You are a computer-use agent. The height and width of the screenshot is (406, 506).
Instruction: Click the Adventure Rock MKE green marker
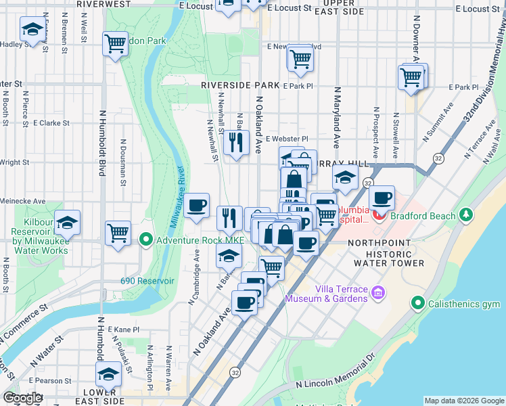click(146, 240)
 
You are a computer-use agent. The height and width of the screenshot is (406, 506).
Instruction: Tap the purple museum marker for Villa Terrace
click(378, 293)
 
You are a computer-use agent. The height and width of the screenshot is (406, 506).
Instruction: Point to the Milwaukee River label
click(175, 196)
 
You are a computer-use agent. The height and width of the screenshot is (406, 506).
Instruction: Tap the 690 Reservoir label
click(147, 280)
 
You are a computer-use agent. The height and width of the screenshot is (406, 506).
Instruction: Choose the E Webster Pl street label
click(287, 139)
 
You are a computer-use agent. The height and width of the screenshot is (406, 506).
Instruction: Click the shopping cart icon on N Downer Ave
click(411, 78)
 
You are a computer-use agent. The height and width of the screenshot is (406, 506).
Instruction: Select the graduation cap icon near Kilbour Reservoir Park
click(67, 222)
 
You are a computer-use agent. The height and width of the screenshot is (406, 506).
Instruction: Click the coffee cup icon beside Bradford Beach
click(382, 198)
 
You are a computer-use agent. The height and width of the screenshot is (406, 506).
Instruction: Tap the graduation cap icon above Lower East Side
click(108, 374)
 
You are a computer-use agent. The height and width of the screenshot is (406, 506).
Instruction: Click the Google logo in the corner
click(22, 398)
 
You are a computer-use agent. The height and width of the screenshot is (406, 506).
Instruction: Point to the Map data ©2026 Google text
click(464, 400)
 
